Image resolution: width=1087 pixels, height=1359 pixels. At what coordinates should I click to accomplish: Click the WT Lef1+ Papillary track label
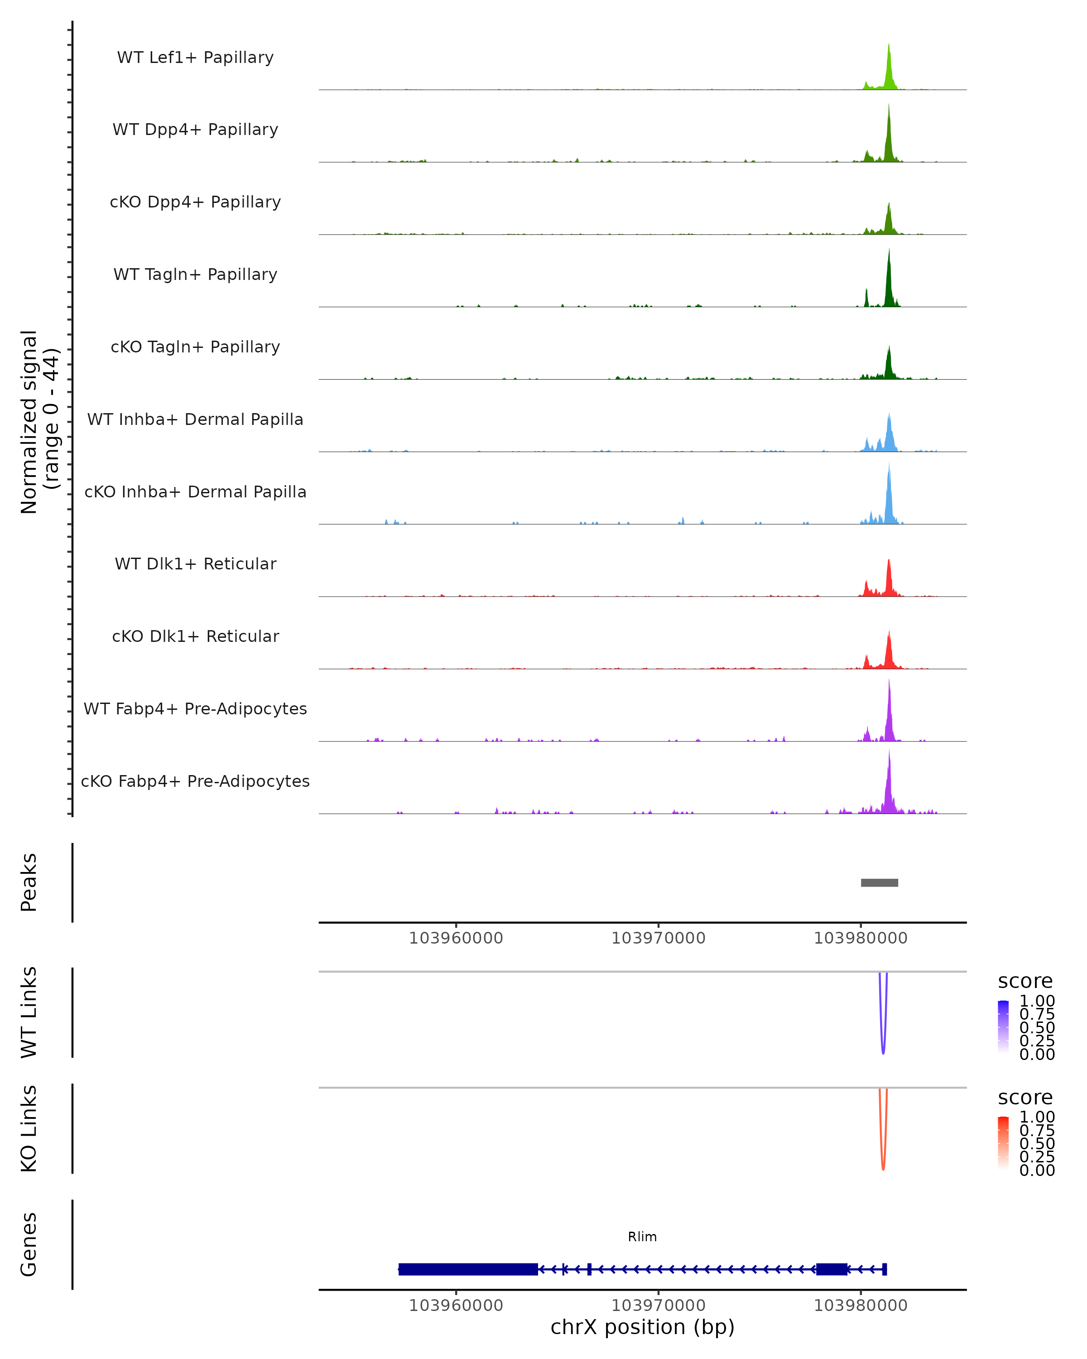coord(195,58)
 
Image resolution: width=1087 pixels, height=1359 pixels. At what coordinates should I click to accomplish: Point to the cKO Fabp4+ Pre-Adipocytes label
coord(195,781)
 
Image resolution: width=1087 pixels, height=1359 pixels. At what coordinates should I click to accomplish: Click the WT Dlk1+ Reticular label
coord(195,564)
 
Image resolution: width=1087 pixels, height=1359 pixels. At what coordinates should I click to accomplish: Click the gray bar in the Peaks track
coord(879,882)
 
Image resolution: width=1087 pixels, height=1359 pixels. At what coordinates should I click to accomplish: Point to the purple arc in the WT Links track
coord(883,1046)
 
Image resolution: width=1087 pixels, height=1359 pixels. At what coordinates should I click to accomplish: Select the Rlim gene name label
coord(642,1237)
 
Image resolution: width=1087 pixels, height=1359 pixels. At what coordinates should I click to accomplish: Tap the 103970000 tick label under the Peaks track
coord(659,938)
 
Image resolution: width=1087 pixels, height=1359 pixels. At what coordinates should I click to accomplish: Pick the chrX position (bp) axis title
coord(642,1327)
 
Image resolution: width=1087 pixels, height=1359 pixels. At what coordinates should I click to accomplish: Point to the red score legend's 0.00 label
coord(1037,1170)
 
